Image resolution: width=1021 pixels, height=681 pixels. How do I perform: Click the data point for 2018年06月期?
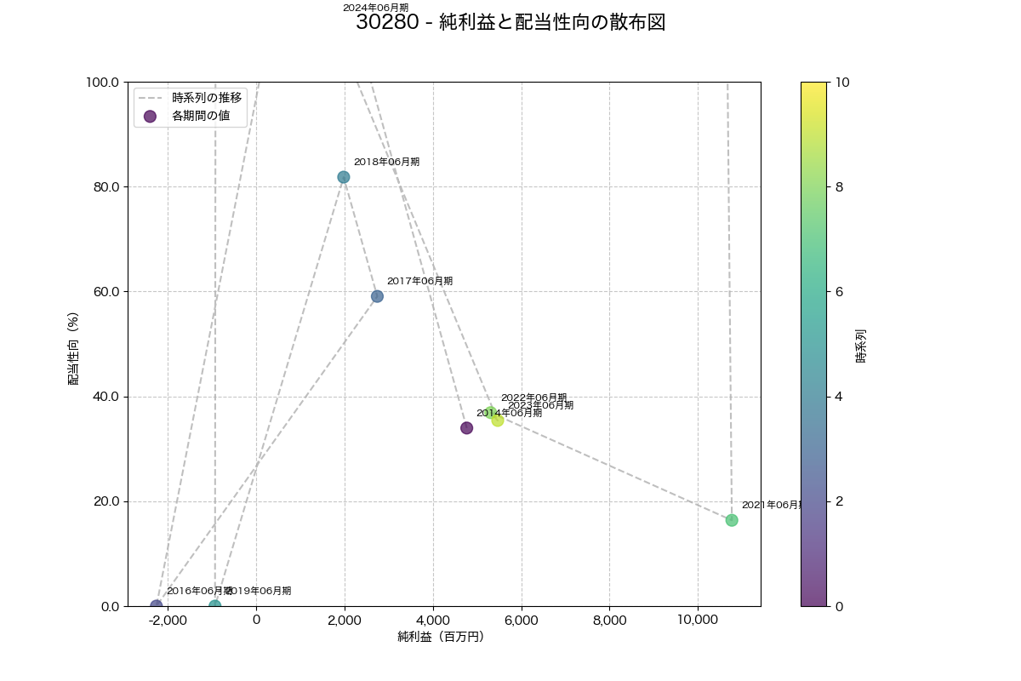(343, 177)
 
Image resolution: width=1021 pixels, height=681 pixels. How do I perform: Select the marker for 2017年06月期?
(377, 296)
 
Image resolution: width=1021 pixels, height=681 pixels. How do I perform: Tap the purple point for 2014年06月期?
(466, 427)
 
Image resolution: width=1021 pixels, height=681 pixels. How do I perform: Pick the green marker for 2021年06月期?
(732, 520)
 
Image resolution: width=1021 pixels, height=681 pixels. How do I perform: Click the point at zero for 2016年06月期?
(157, 605)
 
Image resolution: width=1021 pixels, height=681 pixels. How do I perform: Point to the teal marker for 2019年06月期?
(215, 605)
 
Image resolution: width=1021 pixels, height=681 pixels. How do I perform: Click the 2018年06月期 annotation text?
(386, 162)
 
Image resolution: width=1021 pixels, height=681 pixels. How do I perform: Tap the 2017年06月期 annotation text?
(419, 281)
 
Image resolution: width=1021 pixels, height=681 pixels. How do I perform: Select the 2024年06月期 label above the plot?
(375, 8)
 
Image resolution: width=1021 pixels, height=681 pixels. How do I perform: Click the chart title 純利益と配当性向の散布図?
(510, 23)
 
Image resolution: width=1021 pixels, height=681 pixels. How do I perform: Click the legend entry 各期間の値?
(201, 116)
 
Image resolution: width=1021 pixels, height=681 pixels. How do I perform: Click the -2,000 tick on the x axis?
(168, 620)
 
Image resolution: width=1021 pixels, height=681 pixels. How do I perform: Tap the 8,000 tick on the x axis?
(609, 620)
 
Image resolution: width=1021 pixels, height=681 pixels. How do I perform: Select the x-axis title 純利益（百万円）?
(441, 637)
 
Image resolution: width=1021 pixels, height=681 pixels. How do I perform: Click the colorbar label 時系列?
(861, 346)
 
